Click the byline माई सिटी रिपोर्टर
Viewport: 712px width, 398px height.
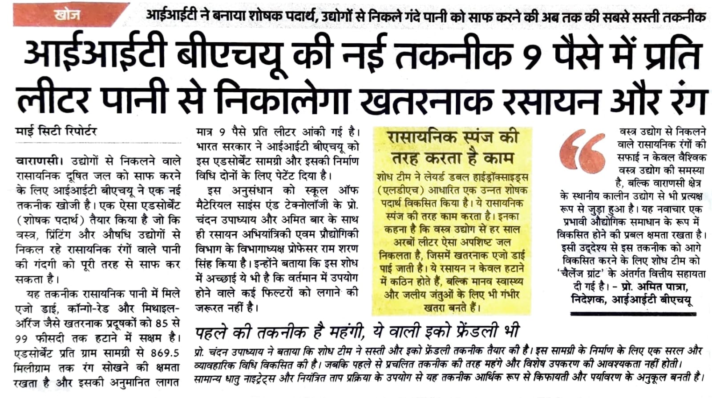pyautogui.click(x=56, y=132)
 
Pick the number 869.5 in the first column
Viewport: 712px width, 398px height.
pyautogui.click(x=165, y=353)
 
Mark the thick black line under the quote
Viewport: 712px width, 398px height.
pyautogui.click(x=633, y=314)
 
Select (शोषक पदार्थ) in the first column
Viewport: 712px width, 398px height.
pyautogui.click(x=49, y=220)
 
